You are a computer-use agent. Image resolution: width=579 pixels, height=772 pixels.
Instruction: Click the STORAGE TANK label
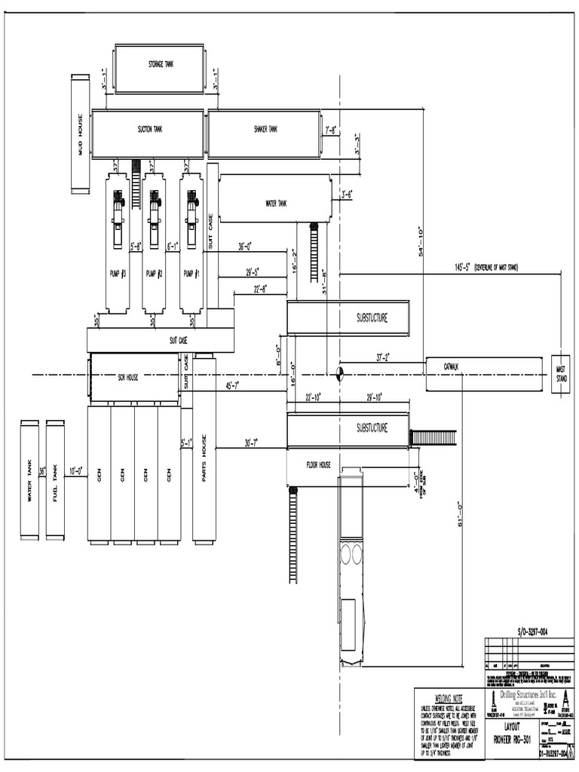tap(160, 65)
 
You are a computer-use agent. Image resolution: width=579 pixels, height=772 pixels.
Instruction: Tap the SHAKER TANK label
tap(265, 130)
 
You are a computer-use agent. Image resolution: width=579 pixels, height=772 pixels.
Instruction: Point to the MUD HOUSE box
tap(80, 133)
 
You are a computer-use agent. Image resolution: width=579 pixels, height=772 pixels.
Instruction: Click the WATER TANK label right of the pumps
tap(276, 203)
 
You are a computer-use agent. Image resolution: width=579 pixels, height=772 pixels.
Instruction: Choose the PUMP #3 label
tap(118, 274)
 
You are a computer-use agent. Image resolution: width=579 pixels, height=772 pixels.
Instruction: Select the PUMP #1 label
tap(191, 274)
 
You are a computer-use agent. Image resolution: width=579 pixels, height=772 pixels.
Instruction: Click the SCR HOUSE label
tap(127, 377)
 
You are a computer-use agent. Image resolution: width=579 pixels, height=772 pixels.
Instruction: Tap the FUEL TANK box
tap(55, 480)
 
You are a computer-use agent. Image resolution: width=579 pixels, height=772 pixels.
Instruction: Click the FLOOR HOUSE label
tap(318, 465)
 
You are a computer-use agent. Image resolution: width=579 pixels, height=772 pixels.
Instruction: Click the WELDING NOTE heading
tap(449, 699)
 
